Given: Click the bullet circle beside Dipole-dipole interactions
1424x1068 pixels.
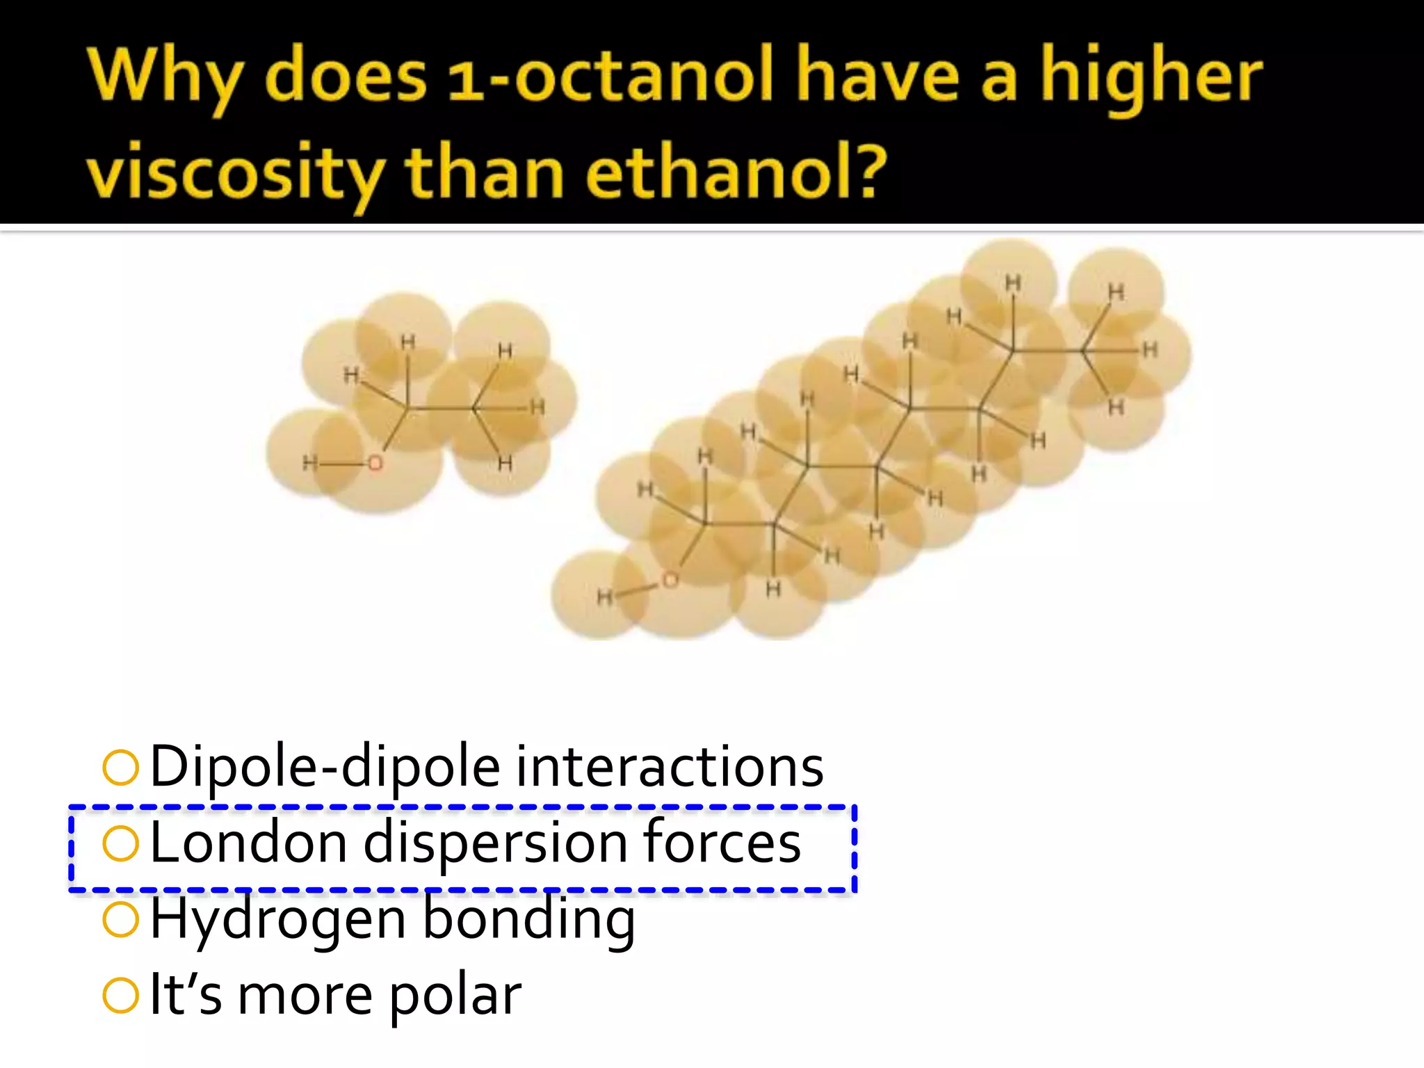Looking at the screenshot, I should [x=121, y=768].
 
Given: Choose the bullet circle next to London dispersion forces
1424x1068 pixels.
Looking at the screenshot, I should [x=121, y=843].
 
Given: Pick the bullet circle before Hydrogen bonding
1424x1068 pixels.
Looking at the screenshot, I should [x=121, y=919].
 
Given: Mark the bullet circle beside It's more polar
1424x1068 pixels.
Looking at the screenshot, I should [x=121, y=995].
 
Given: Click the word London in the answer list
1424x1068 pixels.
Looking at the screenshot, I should [x=248, y=843].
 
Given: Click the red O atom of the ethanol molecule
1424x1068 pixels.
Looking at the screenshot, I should [x=375, y=463].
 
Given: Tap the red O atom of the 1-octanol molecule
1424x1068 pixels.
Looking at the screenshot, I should [x=670, y=580].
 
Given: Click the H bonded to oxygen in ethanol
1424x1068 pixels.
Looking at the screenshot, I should [x=309, y=463].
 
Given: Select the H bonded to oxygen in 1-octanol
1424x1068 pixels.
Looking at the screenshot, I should [x=604, y=597].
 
